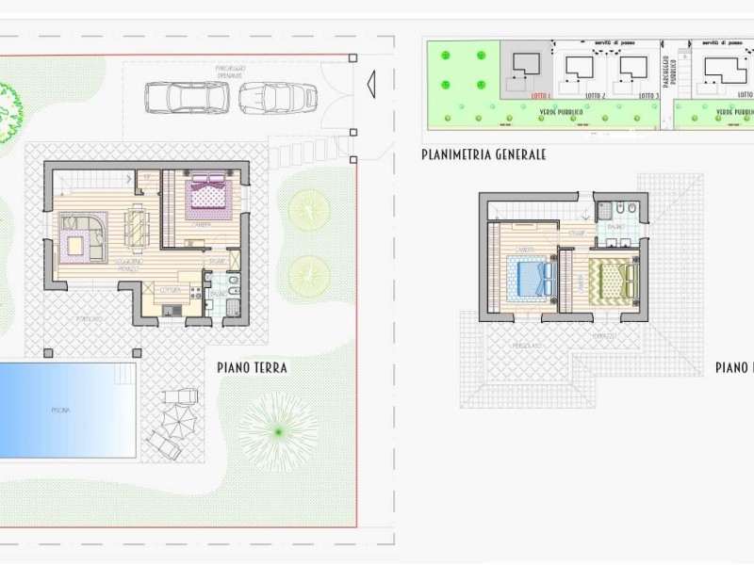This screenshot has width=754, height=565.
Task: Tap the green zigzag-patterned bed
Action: point(615,279)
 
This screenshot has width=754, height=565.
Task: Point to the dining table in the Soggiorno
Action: point(138,230)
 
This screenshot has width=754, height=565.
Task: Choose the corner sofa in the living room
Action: point(81,235)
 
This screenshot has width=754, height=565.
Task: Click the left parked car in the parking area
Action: point(187,97)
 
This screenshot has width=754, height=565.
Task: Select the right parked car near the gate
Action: point(278,98)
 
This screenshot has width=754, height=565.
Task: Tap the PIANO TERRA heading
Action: point(252,367)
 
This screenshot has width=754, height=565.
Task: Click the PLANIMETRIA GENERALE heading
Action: point(484,154)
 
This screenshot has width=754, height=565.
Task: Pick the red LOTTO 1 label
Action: point(539,96)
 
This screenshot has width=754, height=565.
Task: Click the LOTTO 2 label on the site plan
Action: point(595,96)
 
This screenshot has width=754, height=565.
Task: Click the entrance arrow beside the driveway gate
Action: point(370,84)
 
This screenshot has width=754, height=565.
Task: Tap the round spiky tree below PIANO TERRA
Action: point(277,431)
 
